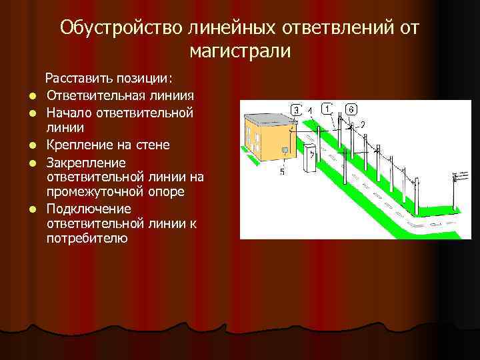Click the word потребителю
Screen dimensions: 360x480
tap(87, 238)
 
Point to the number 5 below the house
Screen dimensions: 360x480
tap(282, 171)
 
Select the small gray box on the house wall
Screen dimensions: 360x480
tap(286, 150)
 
